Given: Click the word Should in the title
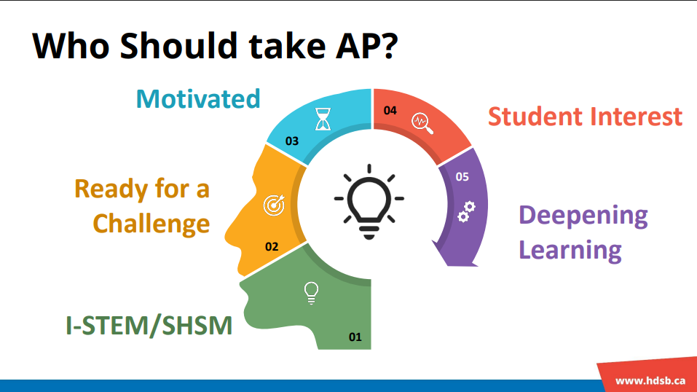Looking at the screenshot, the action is pyautogui.click(x=178, y=45).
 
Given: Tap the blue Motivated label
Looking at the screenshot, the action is pyautogui.click(x=198, y=99).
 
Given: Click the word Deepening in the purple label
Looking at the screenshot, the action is pyautogui.click(x=583, y=216).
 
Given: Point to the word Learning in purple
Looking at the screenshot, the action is pyautogui.click(x=570, y=250).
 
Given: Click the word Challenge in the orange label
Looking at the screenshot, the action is pyautogui.click(x=151, y=224).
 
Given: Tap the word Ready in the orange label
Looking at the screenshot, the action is pyautogui.click(x=111, y=190).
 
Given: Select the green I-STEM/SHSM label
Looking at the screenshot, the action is pyautogui.click(x=149, y=326).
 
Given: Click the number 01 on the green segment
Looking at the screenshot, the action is pyautogui.click(x=355, y=337).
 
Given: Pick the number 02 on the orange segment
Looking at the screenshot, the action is pyautogui.click(x=272, y=246).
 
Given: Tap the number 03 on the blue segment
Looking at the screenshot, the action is pyautogui.click(x=291, y=141).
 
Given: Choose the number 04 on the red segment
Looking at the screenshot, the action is pyautogui.click(x=390, y=110).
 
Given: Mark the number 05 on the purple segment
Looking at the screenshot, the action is pyautogui.click(x=462, y=176).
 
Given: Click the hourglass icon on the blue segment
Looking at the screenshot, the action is pyautogui.click(x=323, y=119).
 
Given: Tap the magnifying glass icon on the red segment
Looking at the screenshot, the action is pyautogui.click(x=422, y=123).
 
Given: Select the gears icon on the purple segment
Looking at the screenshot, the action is pyautogui.click(x=466, y=212).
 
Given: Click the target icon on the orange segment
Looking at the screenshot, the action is pyautogui.click(x=274, y=205).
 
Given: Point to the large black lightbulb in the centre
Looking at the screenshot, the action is pyautogui.click(x=369, y=202).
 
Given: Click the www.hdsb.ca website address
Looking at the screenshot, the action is pyautogui.click(x=650, y=381).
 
